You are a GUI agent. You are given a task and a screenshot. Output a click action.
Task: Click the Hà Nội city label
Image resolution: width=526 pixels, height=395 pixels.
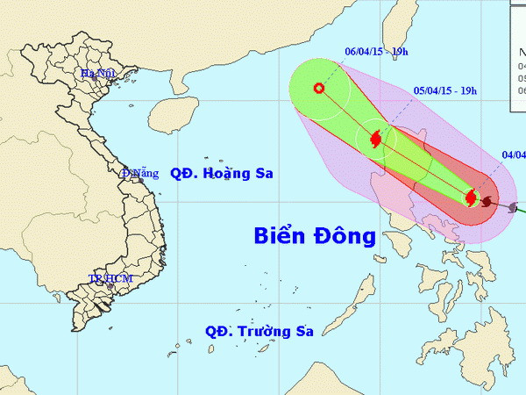pyautogui.click(x=99, y=74)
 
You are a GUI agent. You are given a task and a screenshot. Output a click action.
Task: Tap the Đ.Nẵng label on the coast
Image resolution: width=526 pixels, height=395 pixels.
pyautogui.click(x=140, y=173)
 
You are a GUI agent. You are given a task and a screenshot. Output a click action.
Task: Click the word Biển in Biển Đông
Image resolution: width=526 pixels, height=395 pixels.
pyautogui.click(x=281, y=235)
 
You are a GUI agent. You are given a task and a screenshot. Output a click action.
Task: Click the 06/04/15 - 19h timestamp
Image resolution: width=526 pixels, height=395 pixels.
pyautogui.click(x=377, y=53)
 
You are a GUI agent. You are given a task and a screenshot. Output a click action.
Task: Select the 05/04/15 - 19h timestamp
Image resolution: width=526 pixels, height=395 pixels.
pyautogui.click(x=445, y=90)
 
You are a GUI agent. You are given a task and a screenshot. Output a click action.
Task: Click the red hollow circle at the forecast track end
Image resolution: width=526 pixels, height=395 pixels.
pyautogui.click(x=318, y=88)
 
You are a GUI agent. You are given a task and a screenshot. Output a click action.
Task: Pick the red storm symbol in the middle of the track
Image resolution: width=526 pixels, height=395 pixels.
pyautogui.click(x=376, y=139)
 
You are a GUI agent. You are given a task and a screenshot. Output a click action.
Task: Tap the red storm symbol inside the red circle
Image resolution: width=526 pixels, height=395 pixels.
pyautogui.click(x=471, y=198)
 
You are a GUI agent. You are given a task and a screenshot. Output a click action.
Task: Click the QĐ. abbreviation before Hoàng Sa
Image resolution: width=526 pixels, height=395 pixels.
pyautogui.click(x=182, y=173)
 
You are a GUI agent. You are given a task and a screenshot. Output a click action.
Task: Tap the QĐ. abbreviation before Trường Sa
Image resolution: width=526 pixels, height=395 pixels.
pyautogui.click(x=217, y=331)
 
